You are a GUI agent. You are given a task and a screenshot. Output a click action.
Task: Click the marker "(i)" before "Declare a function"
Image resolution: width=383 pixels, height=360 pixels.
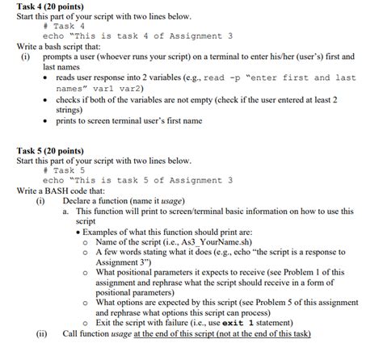point(40,200)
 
